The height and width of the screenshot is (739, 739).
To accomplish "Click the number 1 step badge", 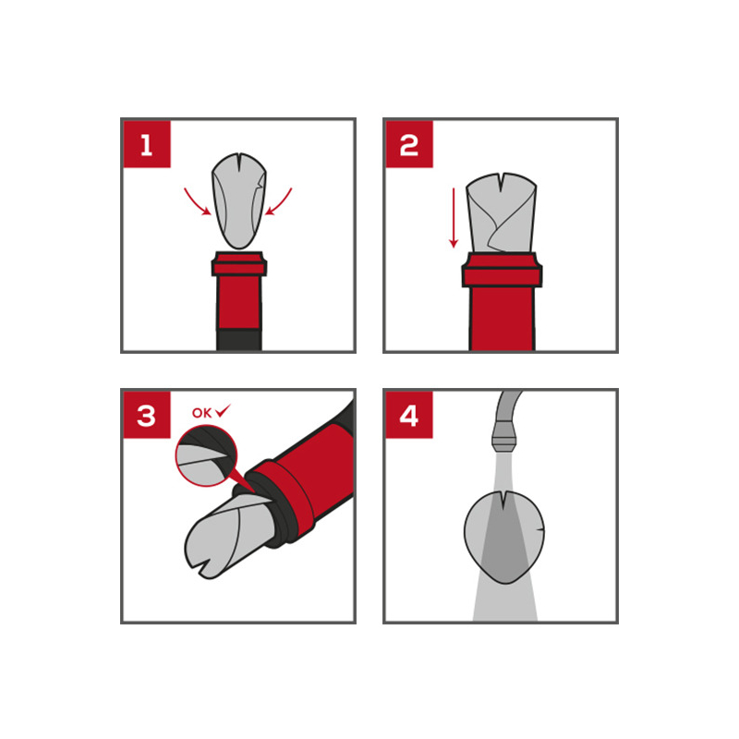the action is pos(147,144).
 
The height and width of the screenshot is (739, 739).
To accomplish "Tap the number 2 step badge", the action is pos(409,144).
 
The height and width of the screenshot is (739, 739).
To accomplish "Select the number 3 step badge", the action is pos(147,415).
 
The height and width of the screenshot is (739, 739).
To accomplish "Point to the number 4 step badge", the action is pos(409,415).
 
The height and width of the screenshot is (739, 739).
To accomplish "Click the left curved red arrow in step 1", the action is pos(196,203).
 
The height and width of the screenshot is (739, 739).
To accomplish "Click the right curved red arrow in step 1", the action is pos(280,203).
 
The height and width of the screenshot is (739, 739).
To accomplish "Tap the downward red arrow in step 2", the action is pos(454,218).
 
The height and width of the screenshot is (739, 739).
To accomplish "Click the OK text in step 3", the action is pos(201,413).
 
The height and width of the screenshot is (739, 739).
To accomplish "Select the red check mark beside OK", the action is pos(223,411).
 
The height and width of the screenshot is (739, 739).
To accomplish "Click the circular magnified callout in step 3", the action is pos(206,455).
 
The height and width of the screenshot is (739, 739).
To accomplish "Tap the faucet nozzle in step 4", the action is pos(503,437).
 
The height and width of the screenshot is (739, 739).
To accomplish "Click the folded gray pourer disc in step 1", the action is pos(239,200).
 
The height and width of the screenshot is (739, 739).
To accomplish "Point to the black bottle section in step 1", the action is pos(239,340).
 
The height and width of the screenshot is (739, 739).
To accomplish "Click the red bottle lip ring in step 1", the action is pos(239,265).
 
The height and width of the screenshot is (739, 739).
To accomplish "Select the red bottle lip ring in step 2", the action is pos(502,270).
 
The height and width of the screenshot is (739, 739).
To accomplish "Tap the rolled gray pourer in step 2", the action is pos(502,213).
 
